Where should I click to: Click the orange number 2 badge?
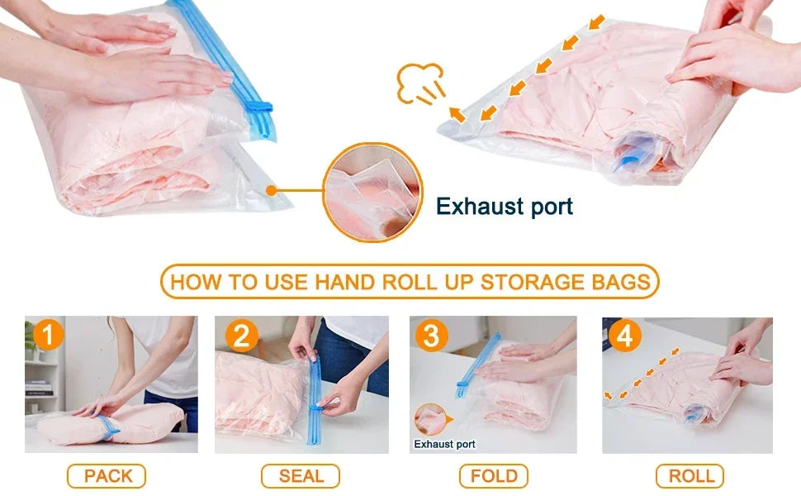[x=241, y=336]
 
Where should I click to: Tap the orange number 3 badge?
[x=432, y=336]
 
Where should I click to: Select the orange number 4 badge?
[x=625, y=336]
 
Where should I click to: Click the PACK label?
[x=107, y=476]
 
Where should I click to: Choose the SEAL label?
[x=301, y=476]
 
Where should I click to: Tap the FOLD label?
[x=494, y=476]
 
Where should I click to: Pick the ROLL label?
[x=690, y=476]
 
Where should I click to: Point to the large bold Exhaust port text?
[x=504, y=206]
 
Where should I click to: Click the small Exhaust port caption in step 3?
[x=444, y=444]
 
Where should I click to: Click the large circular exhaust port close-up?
[x=372, y=193]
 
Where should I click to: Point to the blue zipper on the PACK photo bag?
[x=107, y=428]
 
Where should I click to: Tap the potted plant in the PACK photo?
[x=31, y=340]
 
